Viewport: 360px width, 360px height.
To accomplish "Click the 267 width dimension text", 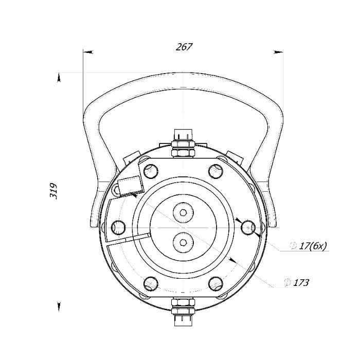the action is click(x=184, y=47).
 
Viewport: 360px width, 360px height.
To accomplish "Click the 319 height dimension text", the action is click(x=53, y=191).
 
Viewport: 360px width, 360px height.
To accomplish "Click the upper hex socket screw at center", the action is click(x=183, y=212).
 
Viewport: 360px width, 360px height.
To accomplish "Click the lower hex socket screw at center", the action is click(x=183, y=242).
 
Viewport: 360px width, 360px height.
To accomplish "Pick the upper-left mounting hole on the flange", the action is click(x=151, y=171).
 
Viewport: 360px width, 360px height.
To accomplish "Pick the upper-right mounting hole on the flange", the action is click(x=216, y=171).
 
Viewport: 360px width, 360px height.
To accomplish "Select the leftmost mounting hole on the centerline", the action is click(x=118, y=227).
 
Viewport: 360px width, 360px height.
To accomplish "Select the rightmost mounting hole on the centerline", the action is click(x=248, y=227).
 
